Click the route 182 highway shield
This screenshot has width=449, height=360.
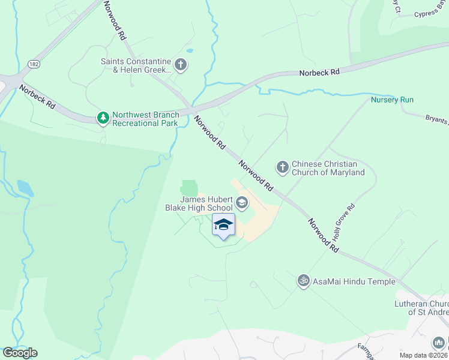33,64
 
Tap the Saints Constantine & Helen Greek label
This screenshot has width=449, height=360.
136,65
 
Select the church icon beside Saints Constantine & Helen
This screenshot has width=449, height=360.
180,64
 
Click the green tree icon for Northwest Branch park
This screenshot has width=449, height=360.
104,118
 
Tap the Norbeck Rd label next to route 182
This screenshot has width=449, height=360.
37,97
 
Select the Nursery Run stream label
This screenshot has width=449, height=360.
392,100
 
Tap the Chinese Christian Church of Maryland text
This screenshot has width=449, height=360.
328,168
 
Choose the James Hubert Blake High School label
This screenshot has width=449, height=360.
198,203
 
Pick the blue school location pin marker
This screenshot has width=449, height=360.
223,226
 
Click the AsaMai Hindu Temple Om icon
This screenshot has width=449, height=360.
304,280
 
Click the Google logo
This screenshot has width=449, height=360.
20,353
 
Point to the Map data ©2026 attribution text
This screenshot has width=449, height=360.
423,355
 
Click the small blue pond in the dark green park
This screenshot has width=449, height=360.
25,187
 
